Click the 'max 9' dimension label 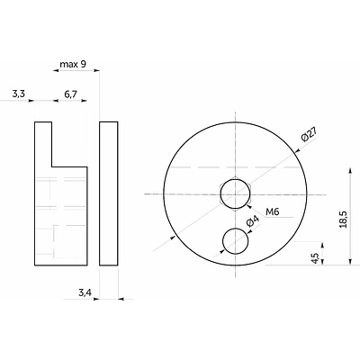tap(73, 64)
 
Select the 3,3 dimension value tap(18, 94)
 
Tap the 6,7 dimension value tap(71, 94)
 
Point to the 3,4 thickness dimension tap(85, 292)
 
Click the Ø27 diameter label tap(310, 135)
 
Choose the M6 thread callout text tap(273, 211)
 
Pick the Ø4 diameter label tap(252, 222)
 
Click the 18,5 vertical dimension tap(344, 220)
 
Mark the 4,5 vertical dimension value tap(315, 258)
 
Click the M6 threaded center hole tap(236, 193)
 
